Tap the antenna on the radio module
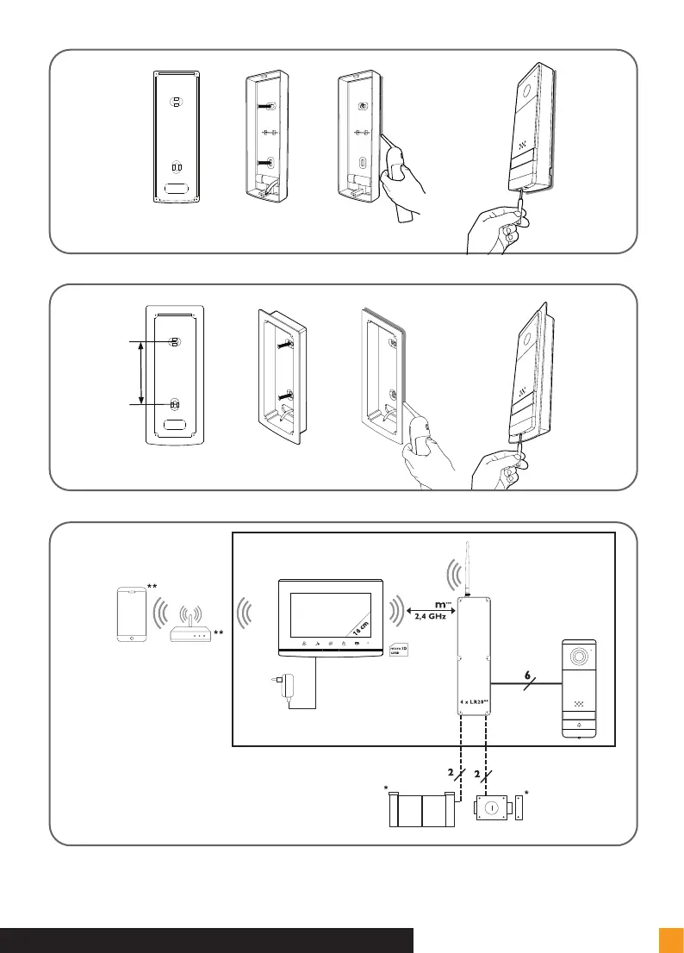click(x=466, y=569)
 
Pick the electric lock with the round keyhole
click(x=493, y=808)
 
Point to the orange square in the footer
click(x=670, y=940)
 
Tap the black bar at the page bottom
click(x=207, y=940)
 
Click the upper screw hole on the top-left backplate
click(x=175, y=102)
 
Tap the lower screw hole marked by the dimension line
click(x=174, y=404)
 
